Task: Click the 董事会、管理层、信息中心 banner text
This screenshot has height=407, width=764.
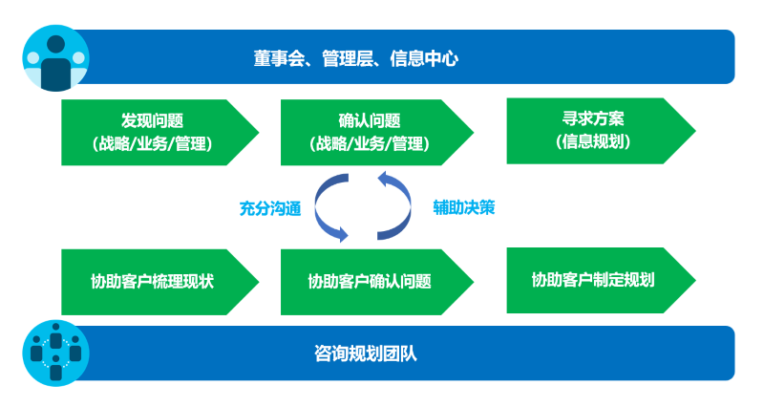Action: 355,58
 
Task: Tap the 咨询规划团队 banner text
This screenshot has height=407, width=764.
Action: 366,353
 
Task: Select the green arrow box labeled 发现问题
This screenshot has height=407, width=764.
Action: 159,133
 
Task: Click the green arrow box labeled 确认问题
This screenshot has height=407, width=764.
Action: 376,133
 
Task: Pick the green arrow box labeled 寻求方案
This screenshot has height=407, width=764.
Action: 601,131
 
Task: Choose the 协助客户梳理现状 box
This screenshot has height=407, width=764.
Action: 159,282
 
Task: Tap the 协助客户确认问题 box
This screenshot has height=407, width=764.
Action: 376,282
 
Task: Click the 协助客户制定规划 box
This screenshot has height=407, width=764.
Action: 601,280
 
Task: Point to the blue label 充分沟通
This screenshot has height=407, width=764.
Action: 270,208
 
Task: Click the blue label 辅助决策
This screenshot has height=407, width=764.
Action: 464,207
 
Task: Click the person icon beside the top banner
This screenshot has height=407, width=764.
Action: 56,58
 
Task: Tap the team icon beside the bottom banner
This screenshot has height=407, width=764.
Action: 56,353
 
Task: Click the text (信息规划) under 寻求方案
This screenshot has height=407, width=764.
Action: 593,141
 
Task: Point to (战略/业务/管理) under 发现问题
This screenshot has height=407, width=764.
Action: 152,144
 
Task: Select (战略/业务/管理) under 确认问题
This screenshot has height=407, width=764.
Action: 370,144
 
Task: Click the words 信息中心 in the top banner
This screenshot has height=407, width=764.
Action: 424,58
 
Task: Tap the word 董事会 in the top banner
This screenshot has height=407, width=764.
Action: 279,58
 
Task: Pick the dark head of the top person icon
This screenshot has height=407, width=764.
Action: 56,44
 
